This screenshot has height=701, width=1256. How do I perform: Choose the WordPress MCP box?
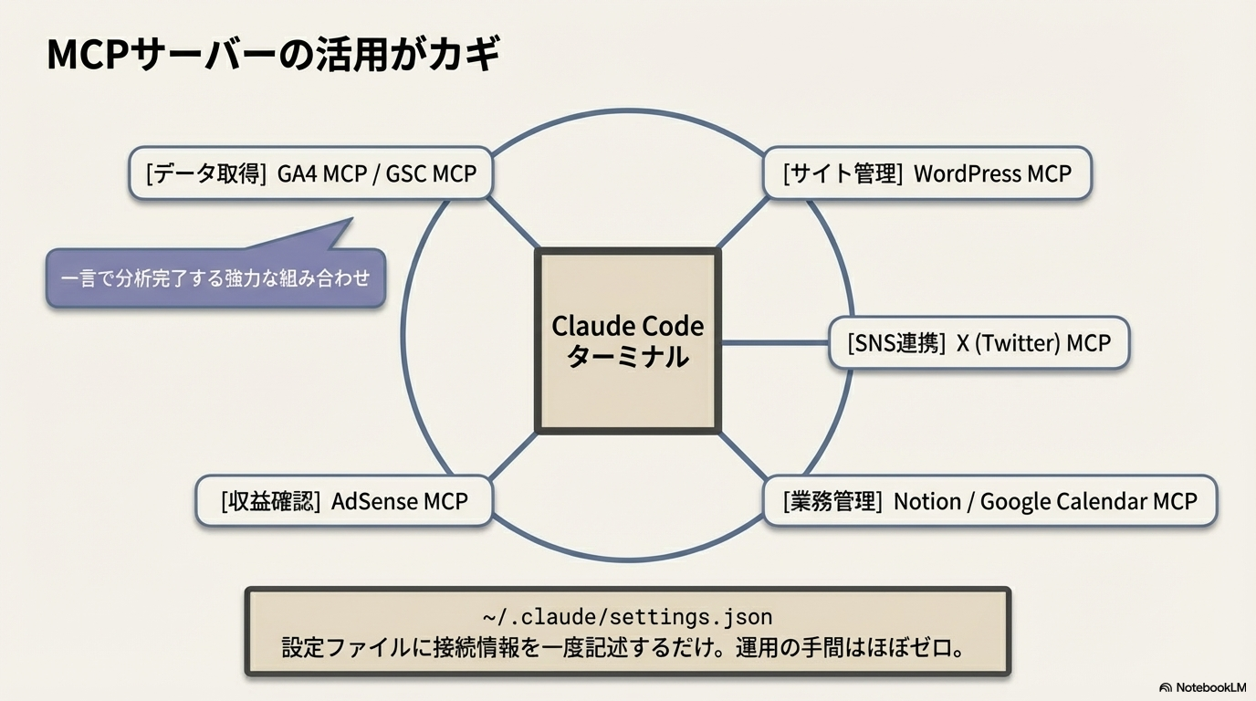[927, 173]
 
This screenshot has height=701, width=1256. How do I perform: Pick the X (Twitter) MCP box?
[979, 343]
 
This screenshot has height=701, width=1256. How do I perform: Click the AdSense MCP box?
[345, 500]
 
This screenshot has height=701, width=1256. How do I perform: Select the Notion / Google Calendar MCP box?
[989, 500]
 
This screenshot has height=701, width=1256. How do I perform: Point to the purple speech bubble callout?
[215, 277]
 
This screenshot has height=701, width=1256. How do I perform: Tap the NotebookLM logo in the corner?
[1202, 687]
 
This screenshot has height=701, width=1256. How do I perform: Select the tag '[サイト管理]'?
[843, 173]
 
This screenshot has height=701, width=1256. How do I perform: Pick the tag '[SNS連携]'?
[895, 344]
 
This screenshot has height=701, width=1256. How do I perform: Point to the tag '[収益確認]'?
[270, 501]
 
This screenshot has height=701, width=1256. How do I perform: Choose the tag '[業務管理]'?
[832, 501]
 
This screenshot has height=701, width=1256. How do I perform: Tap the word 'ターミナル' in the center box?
[628, 357]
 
